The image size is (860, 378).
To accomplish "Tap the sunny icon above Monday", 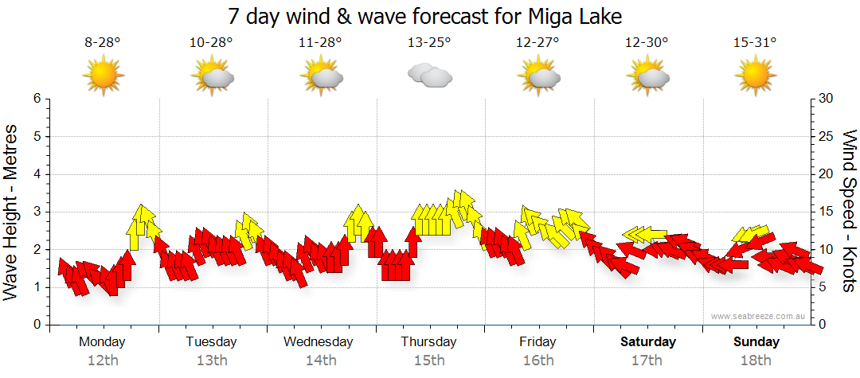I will (x=103, y=76).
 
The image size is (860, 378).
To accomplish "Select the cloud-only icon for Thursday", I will (x=430, y=76).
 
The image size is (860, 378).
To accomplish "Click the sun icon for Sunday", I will (x=755, y=76).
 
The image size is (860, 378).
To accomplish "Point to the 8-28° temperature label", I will (x=102, y=42).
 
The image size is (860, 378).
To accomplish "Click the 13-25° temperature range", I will (x=429, y=42).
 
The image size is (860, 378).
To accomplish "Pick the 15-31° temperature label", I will (x=755, y=42).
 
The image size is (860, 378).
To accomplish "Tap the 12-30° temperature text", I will (x=647, y=42).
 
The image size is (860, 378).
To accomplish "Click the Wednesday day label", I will (x=319, y=342).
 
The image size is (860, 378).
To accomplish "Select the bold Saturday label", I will (x=648, y=342).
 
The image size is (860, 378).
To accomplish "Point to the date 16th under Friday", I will (x=538, y=360).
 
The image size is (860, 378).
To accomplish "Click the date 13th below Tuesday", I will (x=211, y=360).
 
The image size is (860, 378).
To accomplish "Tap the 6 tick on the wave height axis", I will (x=36, y=99).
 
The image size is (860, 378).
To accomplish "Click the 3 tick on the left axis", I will (x=36, y=212).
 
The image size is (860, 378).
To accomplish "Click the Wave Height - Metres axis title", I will (x=12, y=212).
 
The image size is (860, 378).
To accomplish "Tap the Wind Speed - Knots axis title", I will (x=849, y=212).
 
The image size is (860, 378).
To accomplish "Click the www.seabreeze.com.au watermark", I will (x=760, y=317).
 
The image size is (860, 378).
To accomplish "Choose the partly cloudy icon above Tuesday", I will (x=213, y=76).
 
